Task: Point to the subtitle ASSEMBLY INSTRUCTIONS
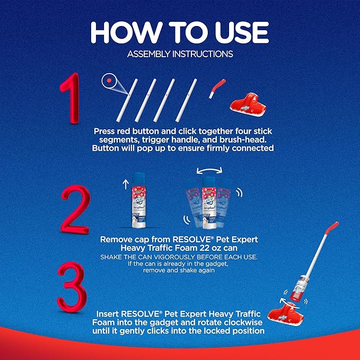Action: tap(180, 54)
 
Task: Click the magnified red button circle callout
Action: tap(109, 81)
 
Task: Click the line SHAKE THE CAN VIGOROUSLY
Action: tap(180, 257)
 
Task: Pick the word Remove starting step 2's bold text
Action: tap(116, 239)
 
